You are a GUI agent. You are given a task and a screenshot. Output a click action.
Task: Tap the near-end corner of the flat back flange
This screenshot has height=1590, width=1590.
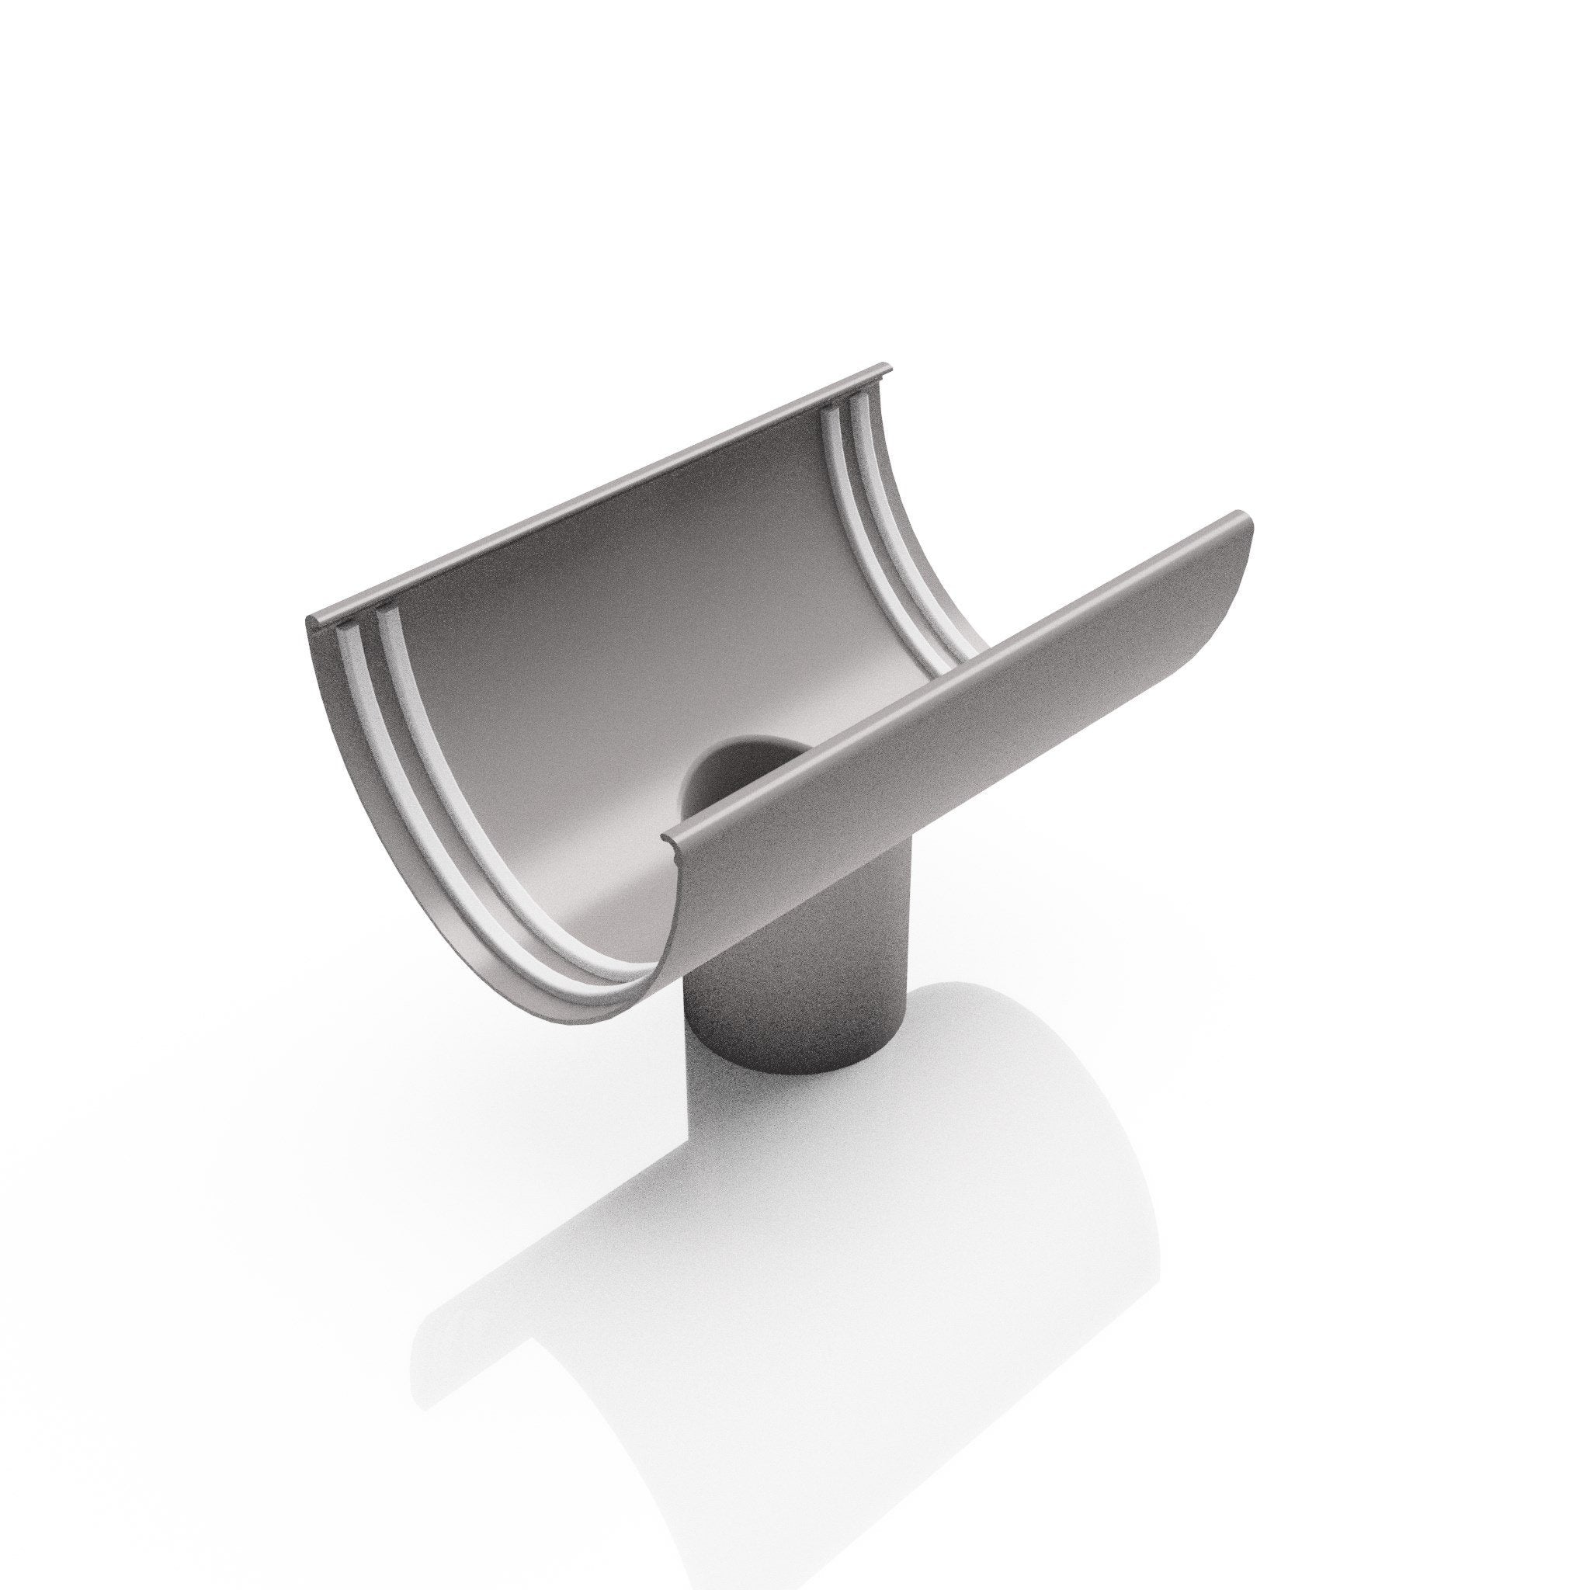click(311, 619)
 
